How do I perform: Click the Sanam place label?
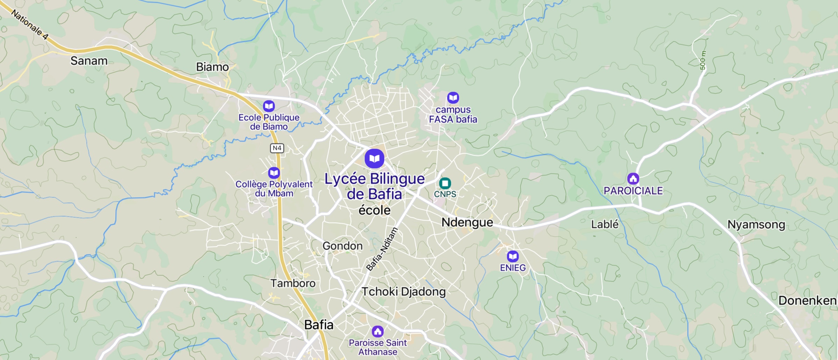pyautogui.click(x=89, y=61)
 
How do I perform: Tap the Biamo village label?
pyautogui.click(x=212, y=67)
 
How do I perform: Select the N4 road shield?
pyautogui.click(x=277, y=148)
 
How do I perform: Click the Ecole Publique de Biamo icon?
pyautogui.click(x=269, y=106)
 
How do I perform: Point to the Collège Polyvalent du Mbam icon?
pyautogui.click(x=274, y=173)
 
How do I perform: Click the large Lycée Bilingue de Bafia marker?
pyautogui.click(x=374, y=159)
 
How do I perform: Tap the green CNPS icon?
pyautogui.click(x=445, y=183)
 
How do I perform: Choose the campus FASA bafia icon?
pyautogui.click(x=453, y=98)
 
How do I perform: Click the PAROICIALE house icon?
pyautogui.click(x=633, y=179)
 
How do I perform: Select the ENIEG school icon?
pyautogui.click(x=513, y=257)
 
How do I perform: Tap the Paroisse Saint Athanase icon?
pyautogui.click(x=378, y=331)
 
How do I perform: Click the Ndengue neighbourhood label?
pyautogui.click(x=467, y=222)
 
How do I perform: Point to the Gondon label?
pyautogui.click(x=342, y=246)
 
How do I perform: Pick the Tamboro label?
pyautogui.click(x=293, y=283)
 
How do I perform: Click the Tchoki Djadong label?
pyautogui.click(x=403, y=291)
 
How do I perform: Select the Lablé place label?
pyautogui.click(x=604, y=224)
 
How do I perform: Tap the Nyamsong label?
pyautogui.click(x=756, y=224)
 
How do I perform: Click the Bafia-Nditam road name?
pyautogui.click(x=382, y=249)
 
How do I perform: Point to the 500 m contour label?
pyautogui.click(x=703, y=60)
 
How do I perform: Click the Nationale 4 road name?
pyautogui.click(x=30, y=24)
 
